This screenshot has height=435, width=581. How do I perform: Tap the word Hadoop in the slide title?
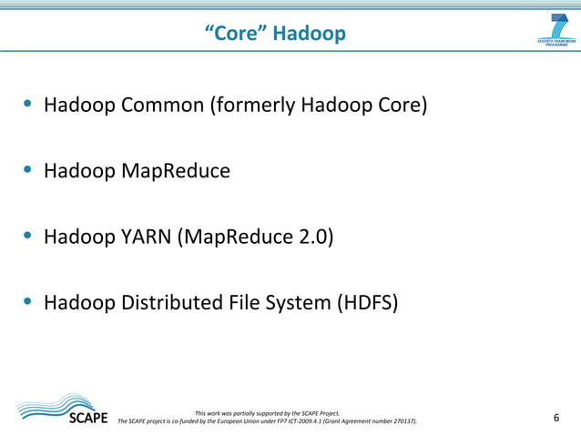point(310,35)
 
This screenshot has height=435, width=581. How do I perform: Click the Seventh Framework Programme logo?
point(556,32)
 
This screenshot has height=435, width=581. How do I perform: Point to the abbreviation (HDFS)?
point(367,302)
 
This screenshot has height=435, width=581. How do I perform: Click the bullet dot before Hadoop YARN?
point(29,237)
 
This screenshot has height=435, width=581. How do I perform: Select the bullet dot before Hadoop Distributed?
point(29,302)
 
